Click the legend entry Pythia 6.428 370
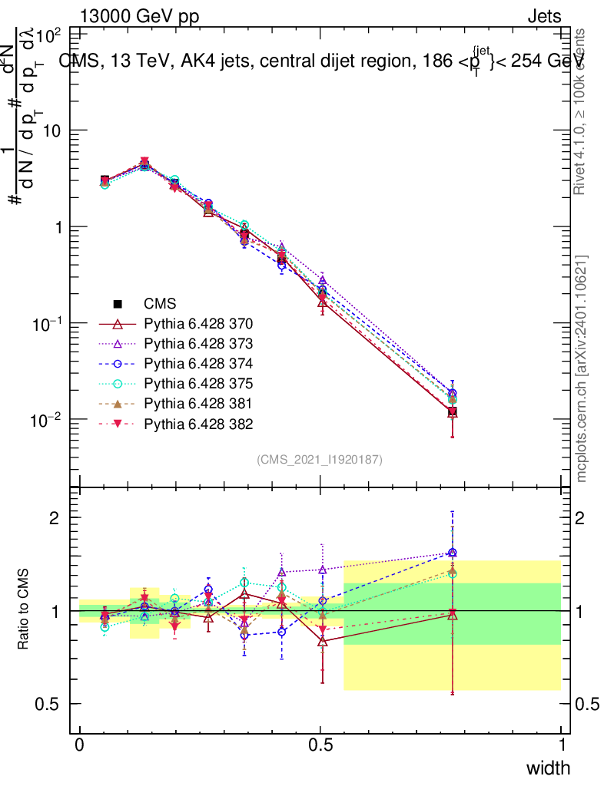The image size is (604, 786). [x=198, y=324]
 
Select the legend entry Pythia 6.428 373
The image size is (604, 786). [x=198, y=344]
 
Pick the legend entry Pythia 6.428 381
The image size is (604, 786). [x=198, y=404]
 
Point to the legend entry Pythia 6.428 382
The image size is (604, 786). [x=198, y=424]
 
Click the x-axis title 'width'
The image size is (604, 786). [x=547, y=768]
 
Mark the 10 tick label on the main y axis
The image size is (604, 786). [x=51, y=131]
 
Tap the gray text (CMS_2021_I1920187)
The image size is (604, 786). [x=320, y=459]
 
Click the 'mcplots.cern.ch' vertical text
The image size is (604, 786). [x=581, y=368]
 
